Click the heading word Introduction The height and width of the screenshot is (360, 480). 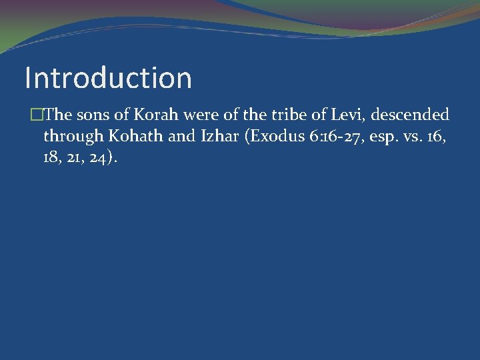coord(108,77)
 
